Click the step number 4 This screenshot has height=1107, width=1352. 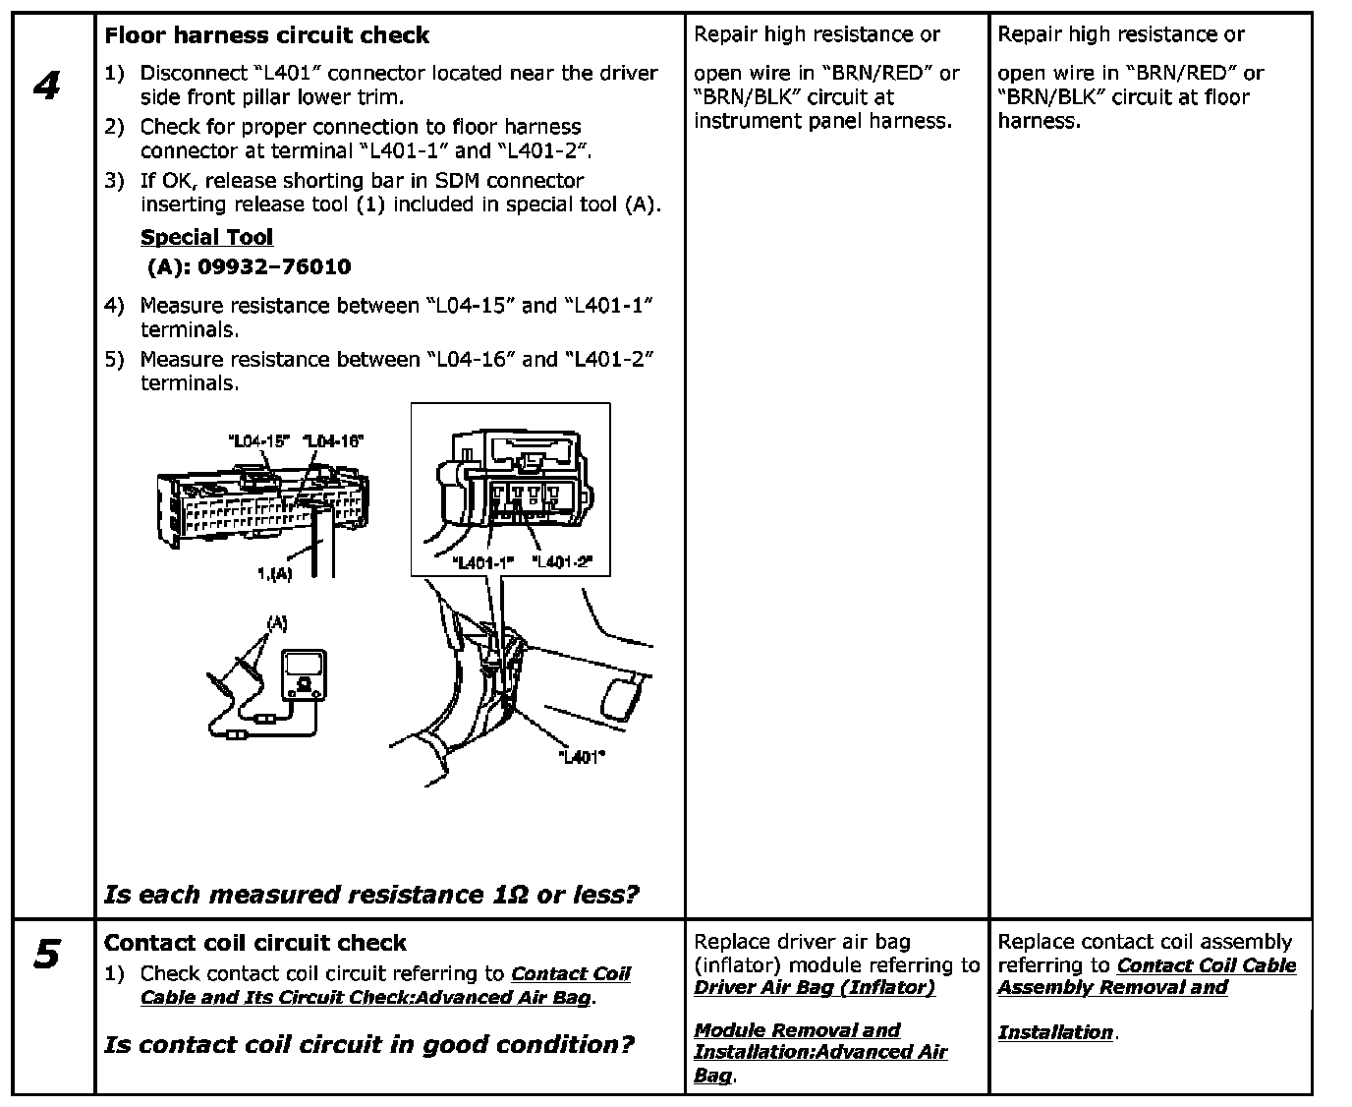(46, 86)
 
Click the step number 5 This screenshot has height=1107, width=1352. (46, 954)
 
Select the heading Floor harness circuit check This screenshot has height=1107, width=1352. (266, 35)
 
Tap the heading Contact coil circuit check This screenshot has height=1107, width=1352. (254, 943)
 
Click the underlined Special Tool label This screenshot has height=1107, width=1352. (206, 237)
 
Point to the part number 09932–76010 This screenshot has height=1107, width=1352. (274, 266)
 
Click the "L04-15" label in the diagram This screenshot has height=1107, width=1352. (257, 441)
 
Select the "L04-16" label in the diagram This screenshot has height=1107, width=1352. (333, 441)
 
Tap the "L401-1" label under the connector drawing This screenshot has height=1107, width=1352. (483, 562)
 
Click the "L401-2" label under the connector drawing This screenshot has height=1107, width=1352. (563, 562)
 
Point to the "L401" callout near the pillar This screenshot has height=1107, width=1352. (581, 757)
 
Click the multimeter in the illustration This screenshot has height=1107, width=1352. (305, 675)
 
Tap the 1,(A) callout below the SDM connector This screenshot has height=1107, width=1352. (273, 573)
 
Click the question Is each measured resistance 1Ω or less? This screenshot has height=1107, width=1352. (370, 895)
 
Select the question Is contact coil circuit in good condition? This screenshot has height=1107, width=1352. (368, 1044)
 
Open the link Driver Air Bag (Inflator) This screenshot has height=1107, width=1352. (814, 987)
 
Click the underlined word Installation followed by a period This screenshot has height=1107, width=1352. (1054, 1032)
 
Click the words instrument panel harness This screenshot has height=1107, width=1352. (821, 121)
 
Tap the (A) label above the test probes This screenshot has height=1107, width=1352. (276, 622)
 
